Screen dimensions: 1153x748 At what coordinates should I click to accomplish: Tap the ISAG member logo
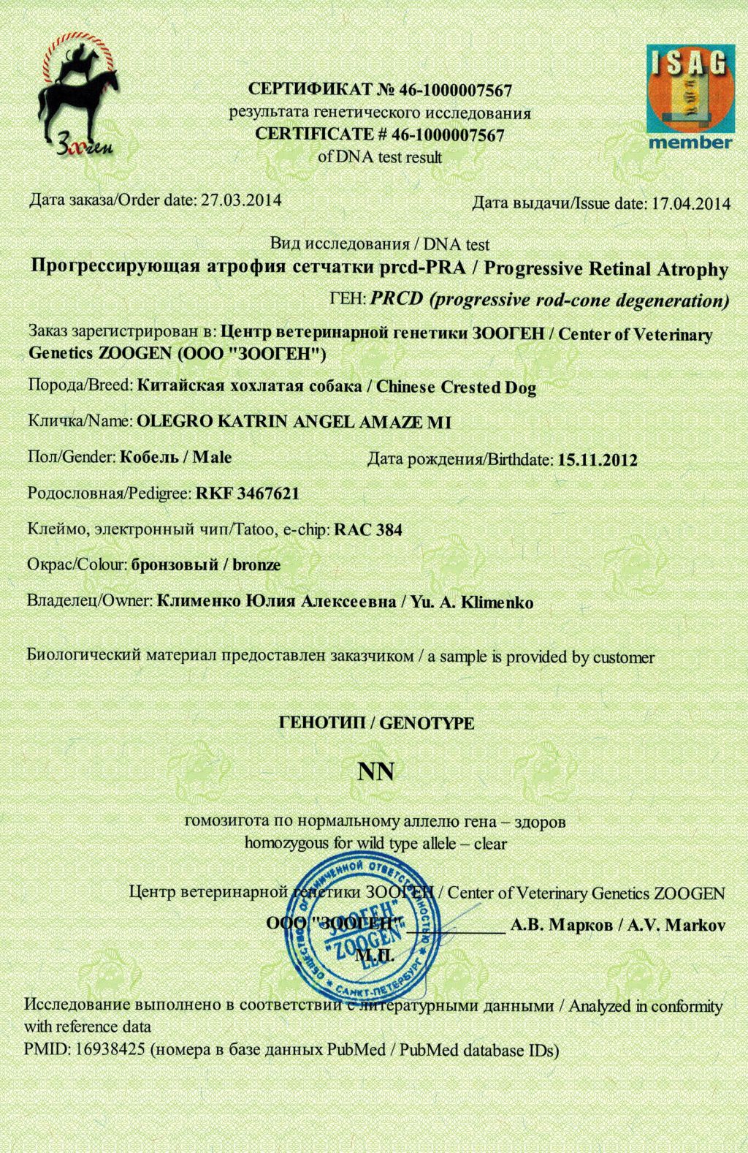pyautogui.click(x=689, y=97)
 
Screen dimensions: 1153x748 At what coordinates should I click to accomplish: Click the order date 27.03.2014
pyautogui.click(x=241, y=200)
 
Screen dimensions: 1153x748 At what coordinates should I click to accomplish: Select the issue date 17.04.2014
pyautogui.click(x=690, y=203)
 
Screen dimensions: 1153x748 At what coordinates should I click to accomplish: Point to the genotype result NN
pyautogui.click(x=375, y=771)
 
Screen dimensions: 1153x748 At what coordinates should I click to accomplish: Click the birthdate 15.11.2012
pyautogui.click(x=597, y=461)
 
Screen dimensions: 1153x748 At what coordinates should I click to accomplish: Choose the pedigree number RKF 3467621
pyautogui.click(x=248, y=494)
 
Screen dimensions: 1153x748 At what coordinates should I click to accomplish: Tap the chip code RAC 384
pyautogui.click(x=367, y=529)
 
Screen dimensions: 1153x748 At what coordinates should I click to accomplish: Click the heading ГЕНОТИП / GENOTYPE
pyautogui.click(x=376, y=723)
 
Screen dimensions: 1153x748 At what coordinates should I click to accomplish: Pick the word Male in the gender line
pyautogui.click(x=213, y=458)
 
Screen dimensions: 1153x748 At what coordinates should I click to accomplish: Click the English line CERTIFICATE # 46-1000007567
pyautogui.click(x=380, y=135)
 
